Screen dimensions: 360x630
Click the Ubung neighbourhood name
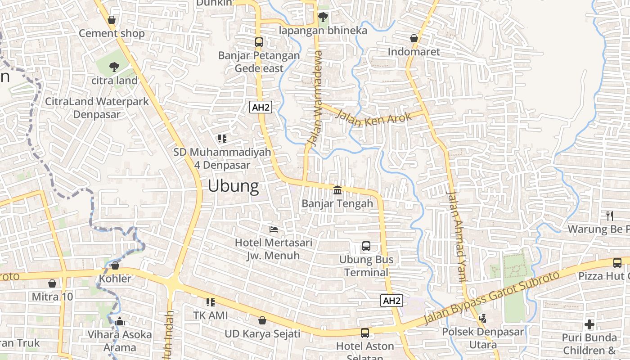pos(233,186)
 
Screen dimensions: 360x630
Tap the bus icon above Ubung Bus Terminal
pos(366,246)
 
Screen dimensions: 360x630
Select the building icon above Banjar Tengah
pos(337,190)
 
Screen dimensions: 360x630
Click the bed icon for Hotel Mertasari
pos(274,229)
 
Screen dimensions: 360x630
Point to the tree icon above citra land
pos(114,67)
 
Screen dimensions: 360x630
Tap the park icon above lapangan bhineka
pos(323,18)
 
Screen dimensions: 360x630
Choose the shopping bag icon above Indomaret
pos(414,39)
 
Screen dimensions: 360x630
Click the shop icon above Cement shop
pos(112,20)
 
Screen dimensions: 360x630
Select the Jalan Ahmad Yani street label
pos(455,237)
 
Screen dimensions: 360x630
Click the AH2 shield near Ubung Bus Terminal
pos(391,301)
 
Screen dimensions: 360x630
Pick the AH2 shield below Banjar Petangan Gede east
pos(261,107)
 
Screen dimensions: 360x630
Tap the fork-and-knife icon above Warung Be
pos(610,216)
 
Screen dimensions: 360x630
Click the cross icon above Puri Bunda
pos(589,324)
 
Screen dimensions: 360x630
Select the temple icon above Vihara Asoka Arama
pos(120,321)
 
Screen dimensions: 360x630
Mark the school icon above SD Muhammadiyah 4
pos(222,139)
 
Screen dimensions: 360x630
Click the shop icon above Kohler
pos(115,265)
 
